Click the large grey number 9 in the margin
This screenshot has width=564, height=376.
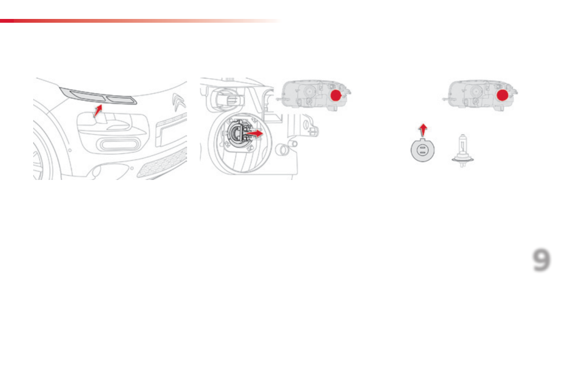[542, 261]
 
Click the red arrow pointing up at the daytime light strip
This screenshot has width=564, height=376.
[98, 111]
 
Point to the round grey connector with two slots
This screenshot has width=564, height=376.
[423, 152]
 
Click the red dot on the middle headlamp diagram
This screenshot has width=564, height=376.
[336, 96]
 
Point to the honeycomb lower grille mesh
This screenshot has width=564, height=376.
[161, 163]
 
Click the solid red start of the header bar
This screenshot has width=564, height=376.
[7, 21]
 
